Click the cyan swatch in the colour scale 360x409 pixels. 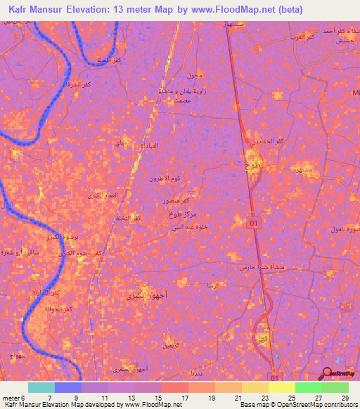click(x=41, y=387)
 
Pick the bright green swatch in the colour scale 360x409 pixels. click(x=308, y=387)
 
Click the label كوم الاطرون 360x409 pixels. click(x=165, y=179)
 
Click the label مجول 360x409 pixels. click(x=194, y=75)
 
